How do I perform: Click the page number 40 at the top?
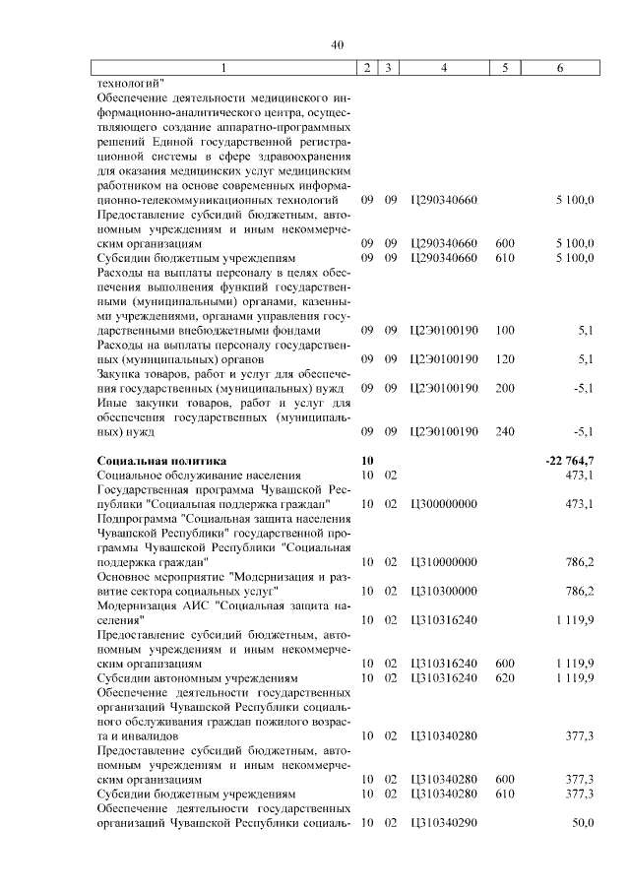337,44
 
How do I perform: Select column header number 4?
444,67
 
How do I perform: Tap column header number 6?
560,67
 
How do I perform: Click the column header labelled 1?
222,67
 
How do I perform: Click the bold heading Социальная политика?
161,460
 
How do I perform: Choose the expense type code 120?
505,359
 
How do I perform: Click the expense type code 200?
505,388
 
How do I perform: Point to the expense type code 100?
505,331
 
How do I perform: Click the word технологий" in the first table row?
130,82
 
